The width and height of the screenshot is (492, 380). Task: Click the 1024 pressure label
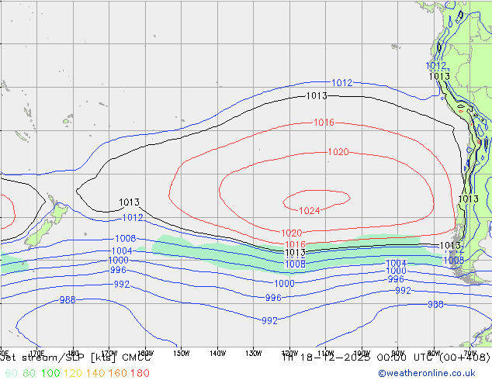310,211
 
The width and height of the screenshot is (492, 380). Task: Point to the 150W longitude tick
181,353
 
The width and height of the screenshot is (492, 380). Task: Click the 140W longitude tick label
217,353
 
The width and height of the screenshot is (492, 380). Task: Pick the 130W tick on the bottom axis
254,353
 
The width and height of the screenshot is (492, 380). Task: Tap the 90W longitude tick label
398,353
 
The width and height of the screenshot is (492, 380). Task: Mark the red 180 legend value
140,373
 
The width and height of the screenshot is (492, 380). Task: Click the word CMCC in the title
136,358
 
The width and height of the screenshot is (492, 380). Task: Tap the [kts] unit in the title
101,358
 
